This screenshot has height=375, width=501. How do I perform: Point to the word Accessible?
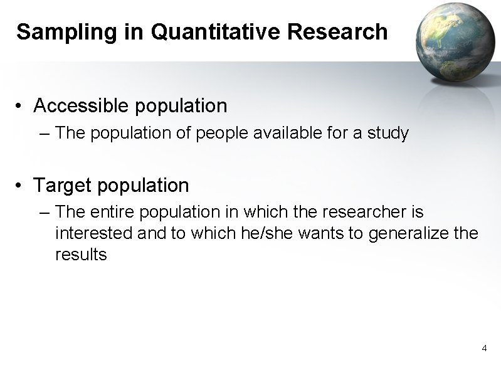click(82, 106)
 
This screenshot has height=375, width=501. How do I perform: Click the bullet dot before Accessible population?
click(21, 107)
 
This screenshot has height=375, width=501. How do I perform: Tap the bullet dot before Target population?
click(21, 186)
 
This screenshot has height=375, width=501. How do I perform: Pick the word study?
click(388, 134)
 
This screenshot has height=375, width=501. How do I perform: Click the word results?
click(82, 255)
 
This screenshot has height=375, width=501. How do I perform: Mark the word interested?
click(95, 234)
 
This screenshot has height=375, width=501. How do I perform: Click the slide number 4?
click(484, 347)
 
